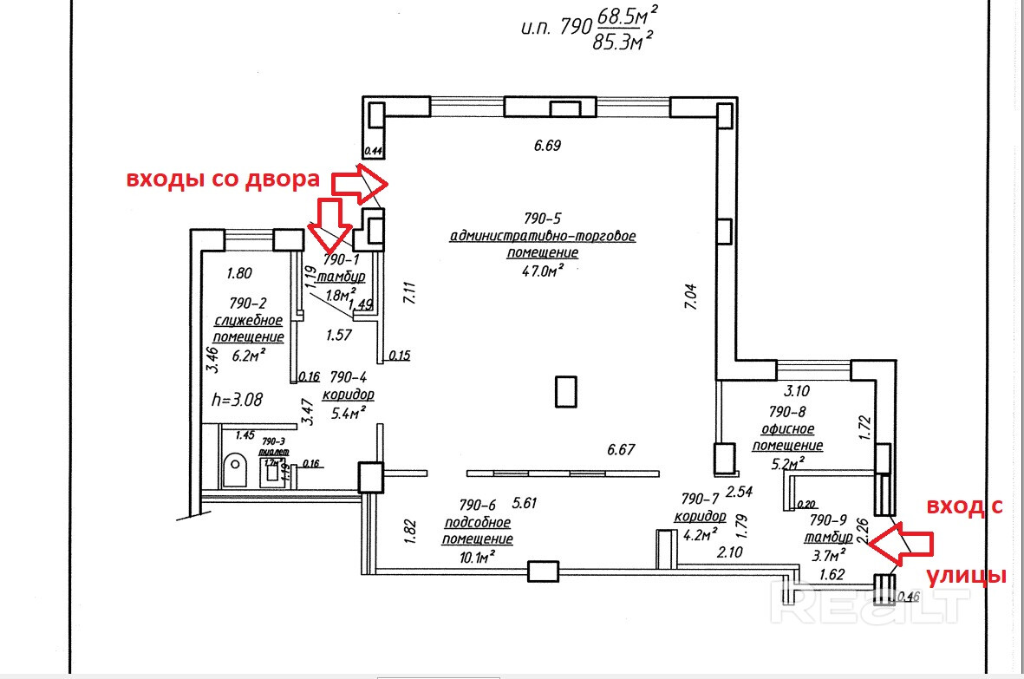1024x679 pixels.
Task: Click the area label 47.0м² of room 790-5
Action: [x=544, y=271]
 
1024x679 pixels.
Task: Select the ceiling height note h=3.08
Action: [x=237, y=400]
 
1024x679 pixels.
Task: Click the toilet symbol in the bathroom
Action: [x=235, y=470]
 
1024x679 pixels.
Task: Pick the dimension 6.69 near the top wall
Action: [x=547, y=146]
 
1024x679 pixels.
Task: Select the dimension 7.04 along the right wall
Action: [x=691, y=300]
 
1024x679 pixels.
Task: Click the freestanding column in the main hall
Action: [x=566, y=391]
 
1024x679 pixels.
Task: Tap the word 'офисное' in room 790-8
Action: [x=786, y=428]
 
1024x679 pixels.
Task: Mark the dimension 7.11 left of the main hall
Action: [x=409, y=292]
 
